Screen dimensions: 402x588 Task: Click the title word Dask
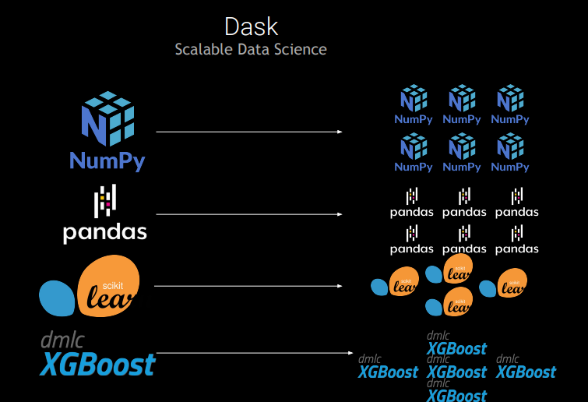[x=251, y=26]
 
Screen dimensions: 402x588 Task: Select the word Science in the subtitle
[x=301, y=49]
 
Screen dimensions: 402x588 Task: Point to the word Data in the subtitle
[x=250, y=49]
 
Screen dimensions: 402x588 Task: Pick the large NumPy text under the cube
[x=107, y=160]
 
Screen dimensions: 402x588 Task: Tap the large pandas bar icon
[x=105, y=202]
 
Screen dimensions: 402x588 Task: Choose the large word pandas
[x=105, y=232]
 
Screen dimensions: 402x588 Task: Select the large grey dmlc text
[x=62, y=340]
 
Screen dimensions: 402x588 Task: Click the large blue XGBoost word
[x=98, y=365]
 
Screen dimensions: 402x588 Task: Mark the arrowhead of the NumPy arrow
[x=340, y=132]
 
